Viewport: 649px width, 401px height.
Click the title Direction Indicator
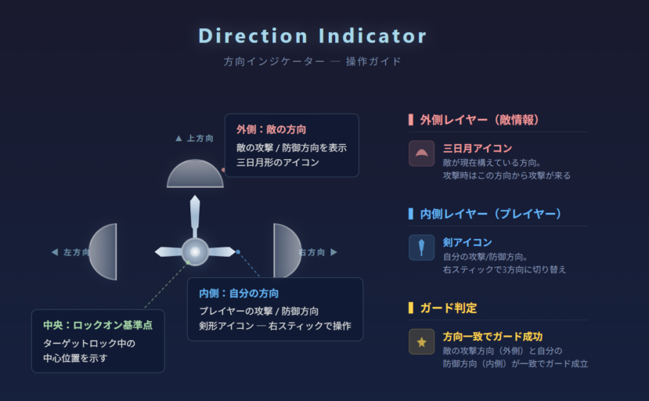[x=312, y=36]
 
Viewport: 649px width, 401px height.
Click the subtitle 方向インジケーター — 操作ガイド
[x=312, y=61]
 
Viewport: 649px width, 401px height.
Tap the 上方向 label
[x=195, y=139]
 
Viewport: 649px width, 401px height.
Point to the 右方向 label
[x=318, y=252]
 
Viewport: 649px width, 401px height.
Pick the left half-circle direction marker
[x=105, y=251]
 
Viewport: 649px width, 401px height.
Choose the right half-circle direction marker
[x=285, y=251]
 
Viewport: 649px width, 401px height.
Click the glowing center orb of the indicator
[x=195, y=251]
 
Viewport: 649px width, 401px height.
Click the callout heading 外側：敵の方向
[x=271, y=129]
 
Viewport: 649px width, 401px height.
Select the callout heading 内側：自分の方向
[x=238, y=293]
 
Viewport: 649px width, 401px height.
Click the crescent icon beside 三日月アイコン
[x=421, y=154]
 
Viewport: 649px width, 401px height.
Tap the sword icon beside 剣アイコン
[x=421, y=247]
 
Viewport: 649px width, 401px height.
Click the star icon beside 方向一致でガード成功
[x=421, y=341]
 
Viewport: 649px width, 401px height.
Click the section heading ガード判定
[x=448, y=308]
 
